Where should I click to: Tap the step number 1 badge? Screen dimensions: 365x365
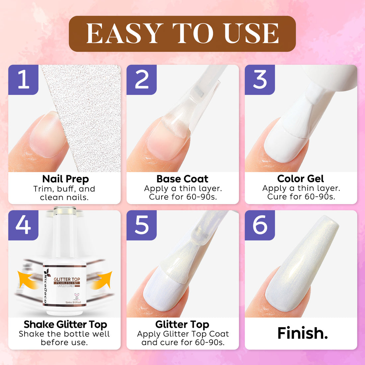point(23,80)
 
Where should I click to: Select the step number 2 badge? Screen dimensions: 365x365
point(142,80)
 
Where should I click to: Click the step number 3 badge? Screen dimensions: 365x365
point(260,80)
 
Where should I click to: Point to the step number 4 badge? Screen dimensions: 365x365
point(23,225)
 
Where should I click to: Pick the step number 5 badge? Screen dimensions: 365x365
point(142,225)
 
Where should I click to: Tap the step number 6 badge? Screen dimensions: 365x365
point(260,225)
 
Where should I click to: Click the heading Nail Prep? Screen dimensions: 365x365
point(65,179)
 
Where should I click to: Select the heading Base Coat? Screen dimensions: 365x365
point(182,179)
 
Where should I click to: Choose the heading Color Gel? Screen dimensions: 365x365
point(300,179)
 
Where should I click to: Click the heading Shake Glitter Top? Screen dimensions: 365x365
point(65,324)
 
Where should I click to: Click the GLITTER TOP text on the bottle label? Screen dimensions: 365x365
point(67,279)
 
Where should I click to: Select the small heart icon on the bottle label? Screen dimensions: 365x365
point(77,295)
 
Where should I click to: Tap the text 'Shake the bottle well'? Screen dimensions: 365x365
point(64,334)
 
